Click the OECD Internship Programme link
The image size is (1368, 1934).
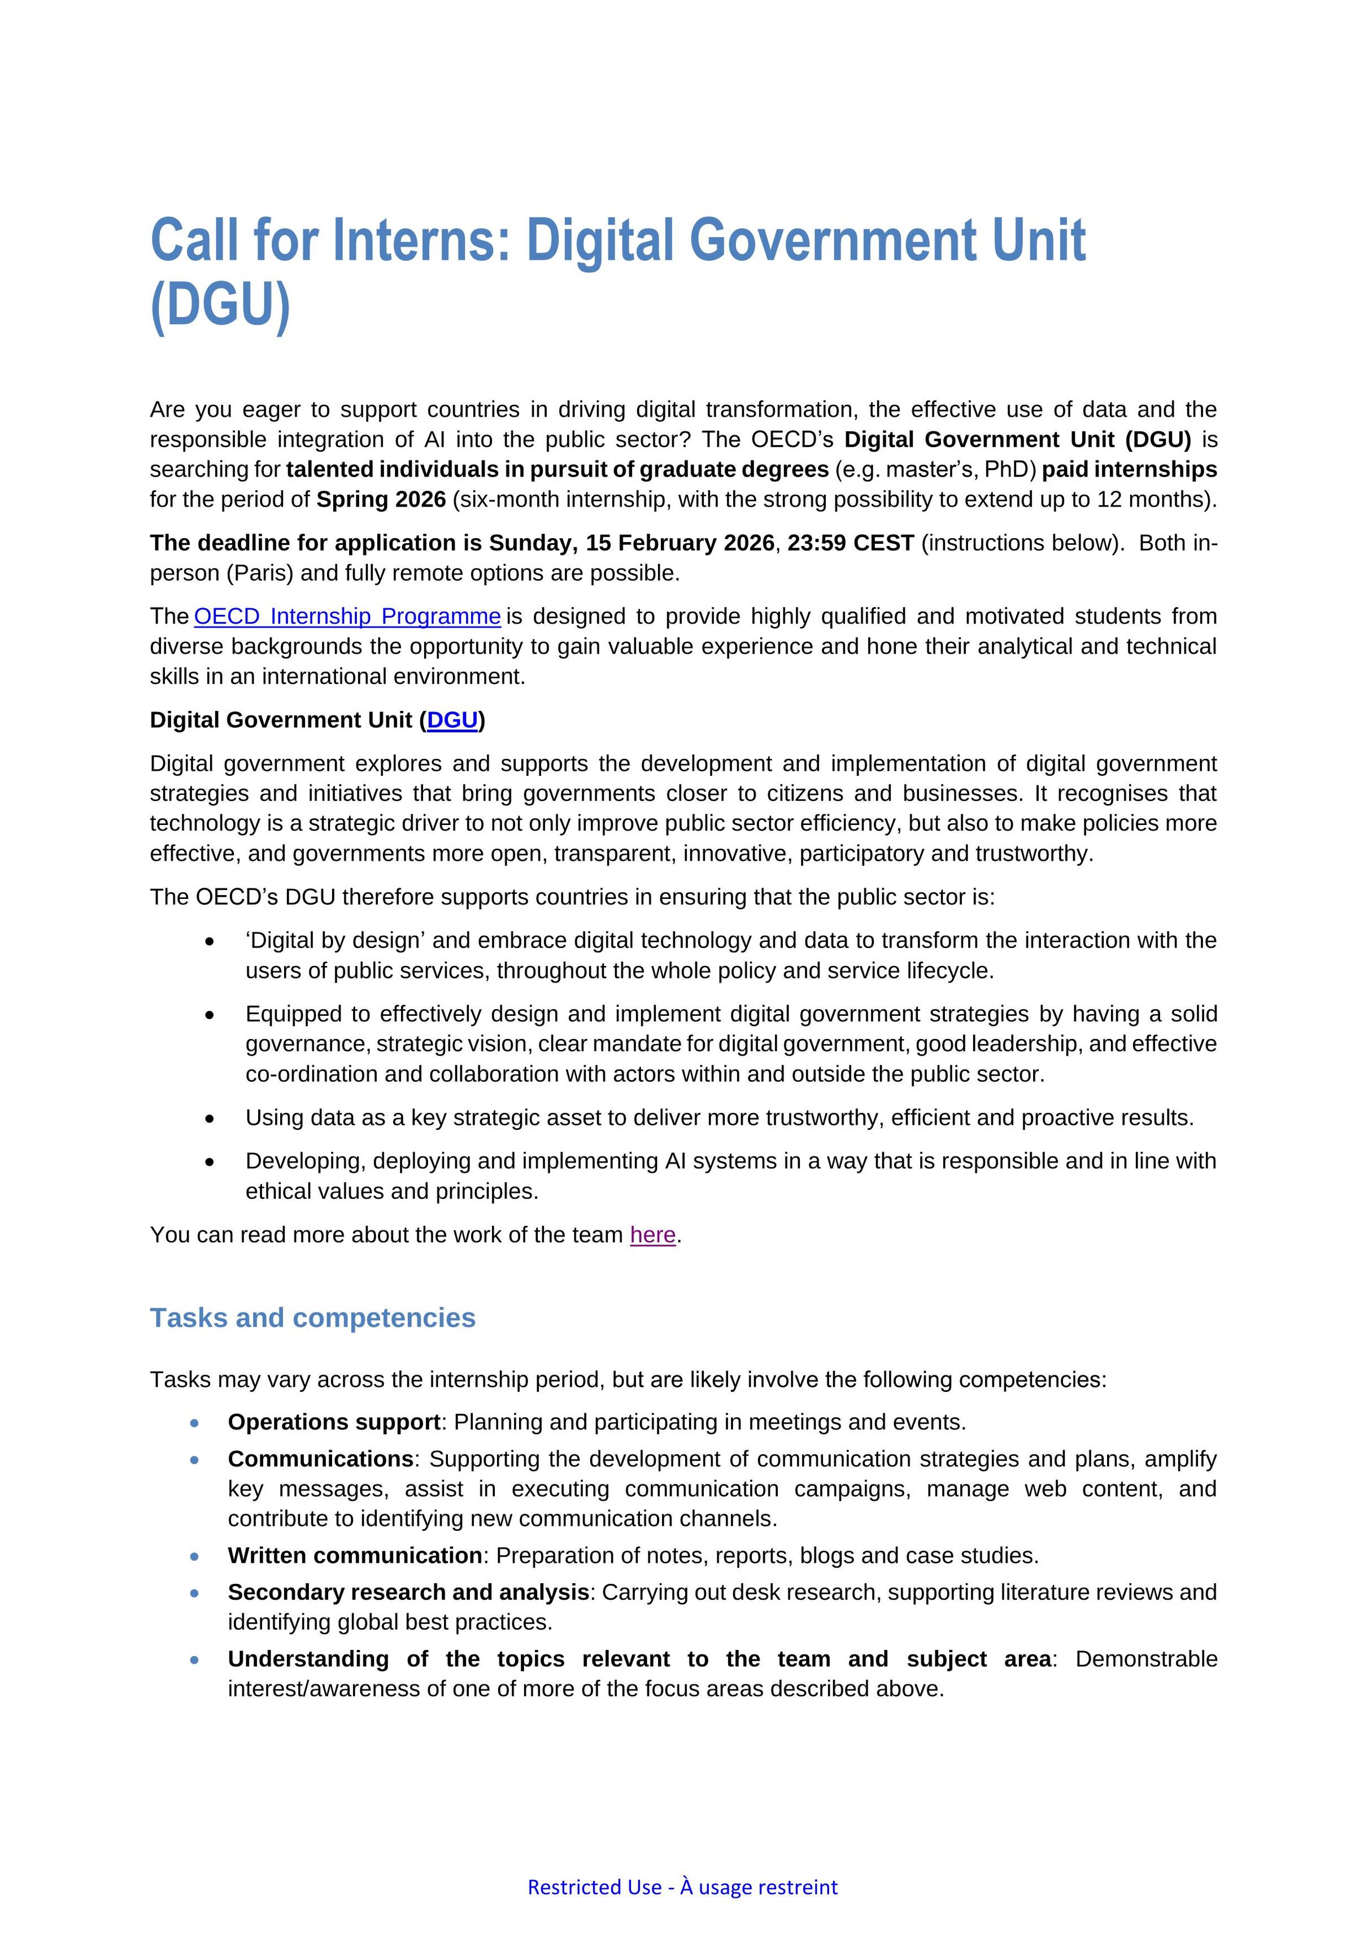coord(347,617)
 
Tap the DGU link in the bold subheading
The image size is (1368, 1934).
coord(452,720)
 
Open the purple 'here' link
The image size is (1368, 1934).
coord(653,1235)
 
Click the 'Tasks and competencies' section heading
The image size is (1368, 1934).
coord(312,1317)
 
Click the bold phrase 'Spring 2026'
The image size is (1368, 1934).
coord(381,500)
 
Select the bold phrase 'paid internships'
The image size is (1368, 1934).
coord(1130,469)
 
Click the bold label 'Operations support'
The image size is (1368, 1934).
coord(334,1422)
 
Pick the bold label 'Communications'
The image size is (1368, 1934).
coord(321,1459)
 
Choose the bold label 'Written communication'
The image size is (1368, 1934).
coord(355,1555)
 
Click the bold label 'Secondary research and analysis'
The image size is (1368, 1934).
coord(408,1592)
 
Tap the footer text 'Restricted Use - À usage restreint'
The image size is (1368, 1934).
coord(682,1887)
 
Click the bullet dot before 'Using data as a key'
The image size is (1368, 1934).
coord(210,1119)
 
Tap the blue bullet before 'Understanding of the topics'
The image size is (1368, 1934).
coord(195,1660)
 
